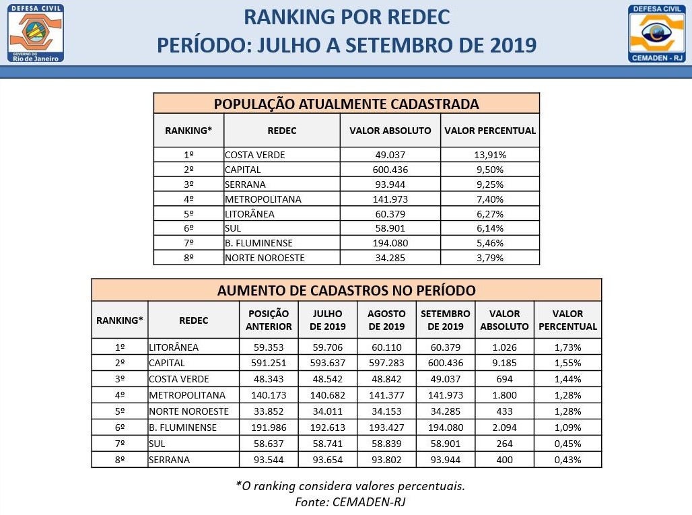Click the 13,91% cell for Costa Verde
click(489, 155)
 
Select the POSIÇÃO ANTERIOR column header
click(269, 320)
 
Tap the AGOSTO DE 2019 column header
click(386, 320)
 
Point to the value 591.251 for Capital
click(269, 362)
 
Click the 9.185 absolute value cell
click(504, 362)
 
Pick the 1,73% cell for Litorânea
click(567, 347)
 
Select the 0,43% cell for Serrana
click(567, 460)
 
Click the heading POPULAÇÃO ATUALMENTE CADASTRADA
click(346, 104)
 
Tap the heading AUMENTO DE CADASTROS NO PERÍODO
click(346, 290)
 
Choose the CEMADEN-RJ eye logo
click(656, 32)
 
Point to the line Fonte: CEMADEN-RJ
click(350, 502)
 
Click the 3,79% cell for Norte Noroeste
click(489, 257)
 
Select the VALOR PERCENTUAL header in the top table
click(489, 131)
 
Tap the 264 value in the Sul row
click(504, 444)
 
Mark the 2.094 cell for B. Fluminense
click(504, 427)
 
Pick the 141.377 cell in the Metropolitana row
click(386, 395)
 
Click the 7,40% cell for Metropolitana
click(489, 199)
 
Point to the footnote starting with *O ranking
click(350, 485)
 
